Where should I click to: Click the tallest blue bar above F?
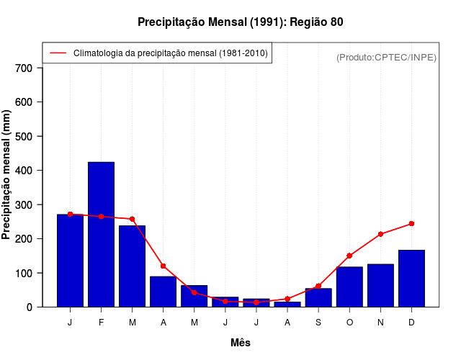(101, 234)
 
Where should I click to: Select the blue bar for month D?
(411, 279)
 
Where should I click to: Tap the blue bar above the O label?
(349, 287)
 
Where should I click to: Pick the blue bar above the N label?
(380, 285)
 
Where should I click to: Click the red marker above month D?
(411, 224)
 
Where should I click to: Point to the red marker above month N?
(380, 234)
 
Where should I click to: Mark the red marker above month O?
(349, 256)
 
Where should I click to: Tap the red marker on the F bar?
(101, 217)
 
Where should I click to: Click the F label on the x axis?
(101, 323)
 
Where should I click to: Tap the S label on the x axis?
(318, 323)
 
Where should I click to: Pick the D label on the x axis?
(411, 323)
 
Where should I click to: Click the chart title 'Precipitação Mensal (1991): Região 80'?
(241, 22)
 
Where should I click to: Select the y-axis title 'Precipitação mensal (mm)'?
(7, 175)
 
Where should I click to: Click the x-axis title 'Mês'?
(241, 343)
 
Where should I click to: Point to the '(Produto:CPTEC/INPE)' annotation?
(386, 57)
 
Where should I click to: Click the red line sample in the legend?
(58, 53)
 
